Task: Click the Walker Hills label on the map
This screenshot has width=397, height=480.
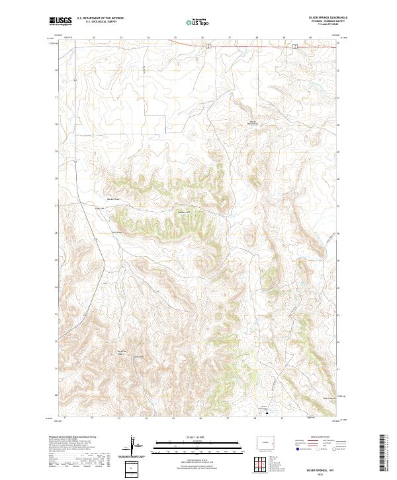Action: [183, 212]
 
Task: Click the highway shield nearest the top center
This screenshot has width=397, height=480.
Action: [208, 45]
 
